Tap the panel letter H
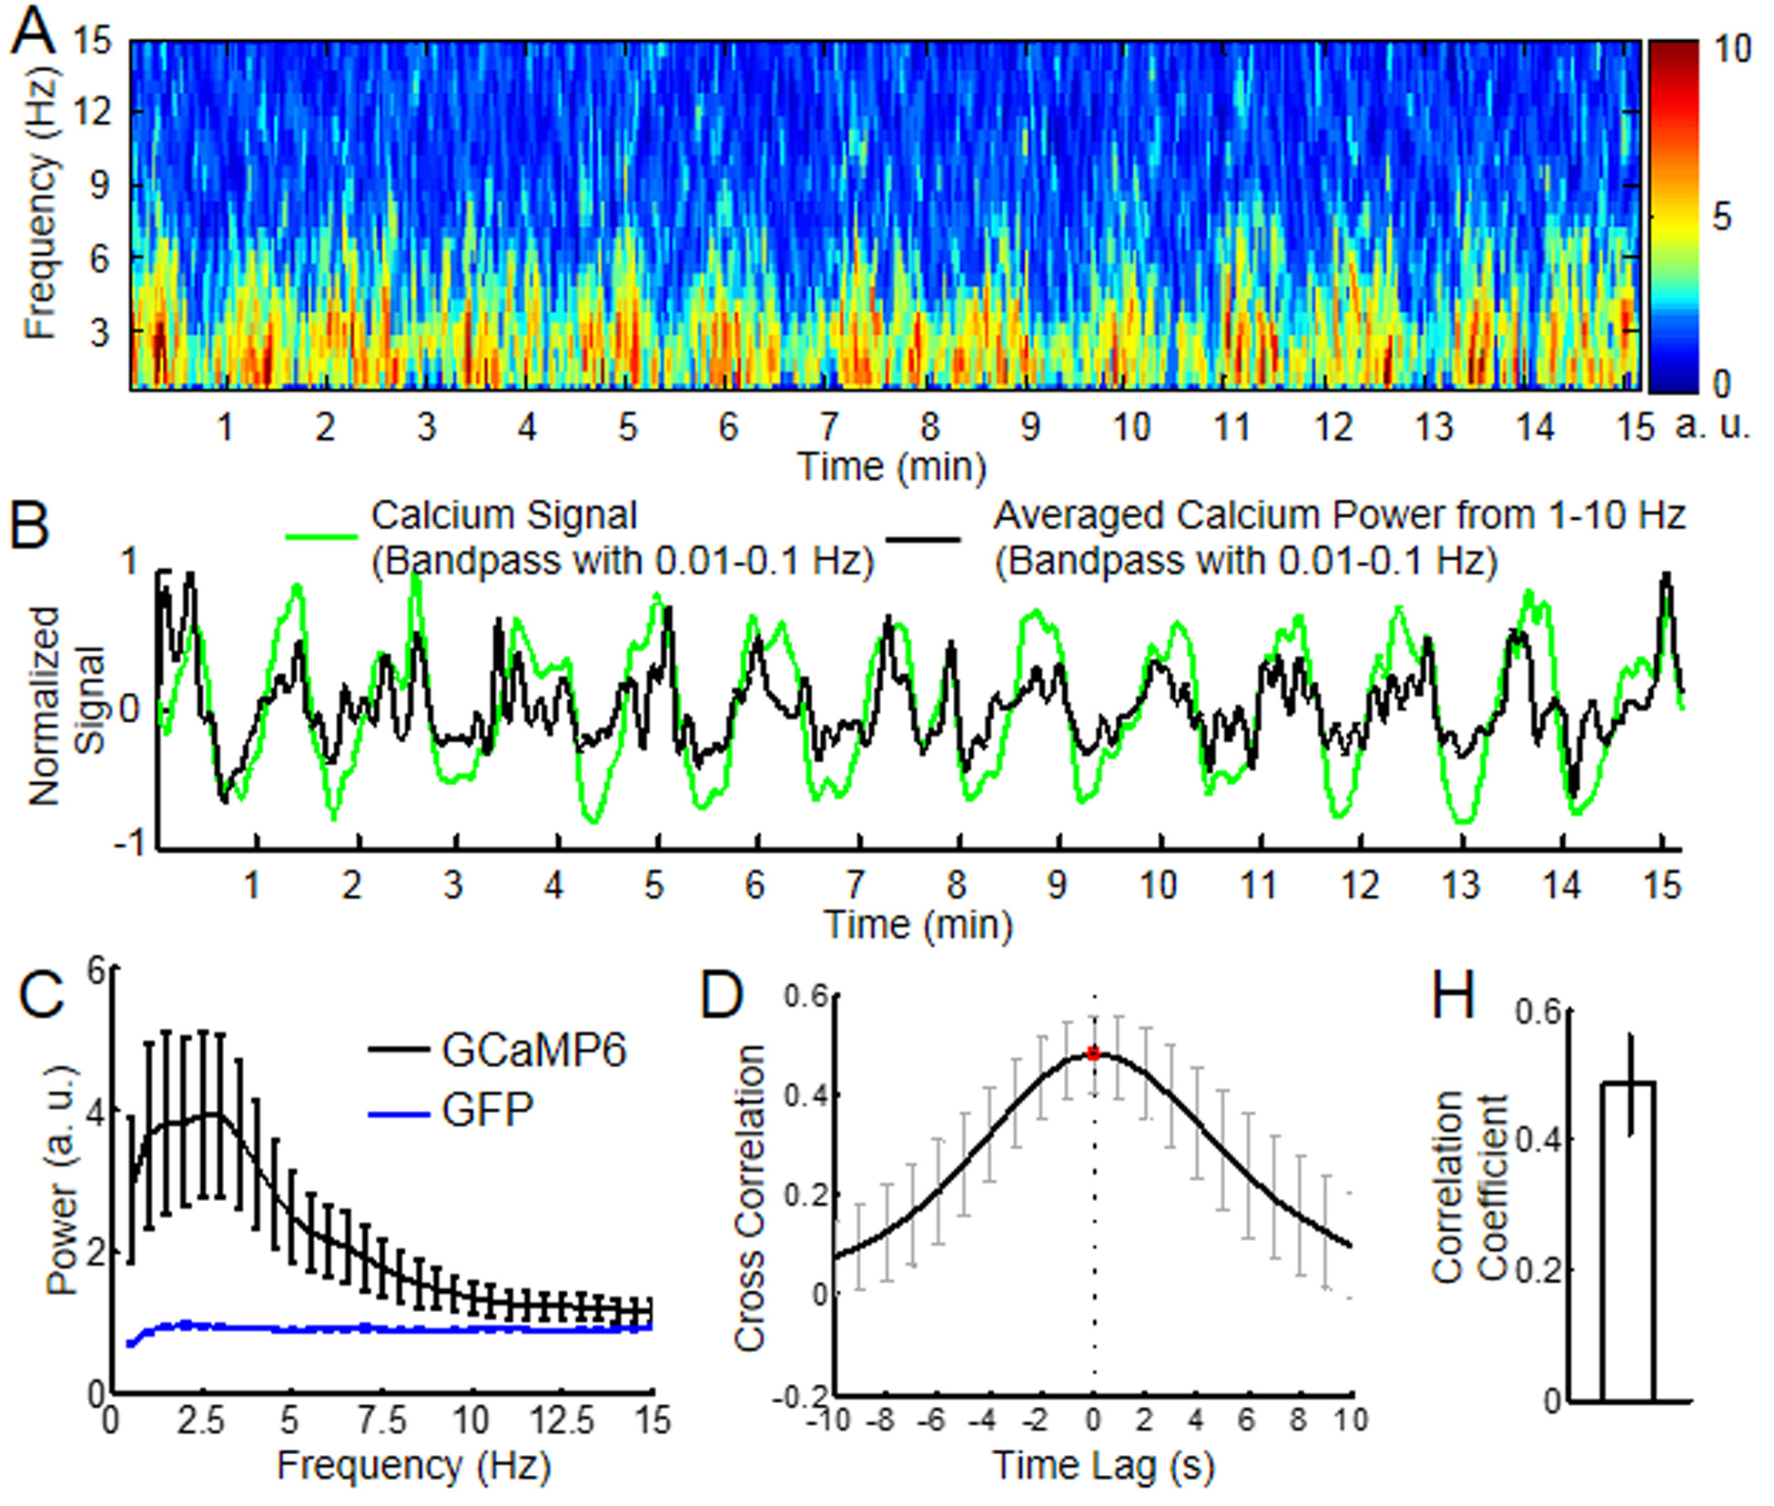point(1453,994)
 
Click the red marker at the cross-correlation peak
point(1093,1053)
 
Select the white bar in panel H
point(1627,1238)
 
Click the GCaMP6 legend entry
point(533,1050)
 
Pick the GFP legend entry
point(487,1110)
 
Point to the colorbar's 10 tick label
point(1731,49)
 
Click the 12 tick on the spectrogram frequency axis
point(95,112)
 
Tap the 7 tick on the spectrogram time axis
point(828,426)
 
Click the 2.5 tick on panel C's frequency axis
point(199,1420)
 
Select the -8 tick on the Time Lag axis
point(880,1420)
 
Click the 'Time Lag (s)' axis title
point(1102,1466)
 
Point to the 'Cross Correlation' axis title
point(750,1197)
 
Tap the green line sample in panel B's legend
point(321,536)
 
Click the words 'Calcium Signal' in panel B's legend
point(503,515)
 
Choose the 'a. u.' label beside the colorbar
point(1713,426)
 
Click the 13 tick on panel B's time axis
point(1460,885)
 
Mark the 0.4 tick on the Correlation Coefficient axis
point(1537,1139)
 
